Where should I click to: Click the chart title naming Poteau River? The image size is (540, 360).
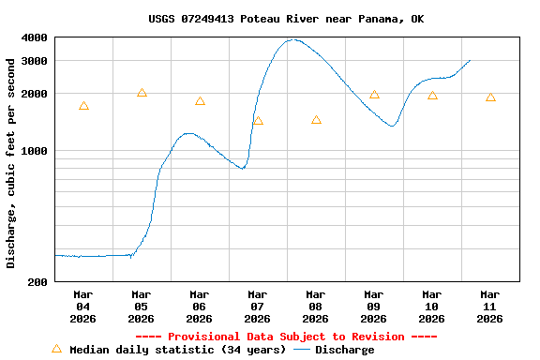286,19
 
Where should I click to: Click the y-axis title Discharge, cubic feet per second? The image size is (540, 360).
11,163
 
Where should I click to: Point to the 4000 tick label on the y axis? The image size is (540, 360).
34,38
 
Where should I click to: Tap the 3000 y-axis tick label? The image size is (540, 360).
34,61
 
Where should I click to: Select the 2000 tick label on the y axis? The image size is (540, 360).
34,94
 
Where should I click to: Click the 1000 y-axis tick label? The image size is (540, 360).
34,151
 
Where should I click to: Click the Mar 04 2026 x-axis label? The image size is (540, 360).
83,307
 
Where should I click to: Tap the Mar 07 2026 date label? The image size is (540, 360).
258,307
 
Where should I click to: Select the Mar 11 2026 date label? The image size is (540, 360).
490,307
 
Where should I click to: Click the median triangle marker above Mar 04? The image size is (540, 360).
83,107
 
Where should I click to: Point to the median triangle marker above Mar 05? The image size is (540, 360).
142,93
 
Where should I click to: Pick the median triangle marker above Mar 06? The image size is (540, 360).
200,101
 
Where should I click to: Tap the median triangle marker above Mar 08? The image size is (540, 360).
316,120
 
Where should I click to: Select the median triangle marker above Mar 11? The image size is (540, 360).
490,97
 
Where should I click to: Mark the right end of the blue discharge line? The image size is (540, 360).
470,60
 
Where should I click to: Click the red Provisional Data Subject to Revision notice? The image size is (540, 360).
286,337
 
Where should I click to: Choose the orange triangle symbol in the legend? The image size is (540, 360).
56,349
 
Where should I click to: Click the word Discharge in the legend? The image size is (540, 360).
344,350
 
